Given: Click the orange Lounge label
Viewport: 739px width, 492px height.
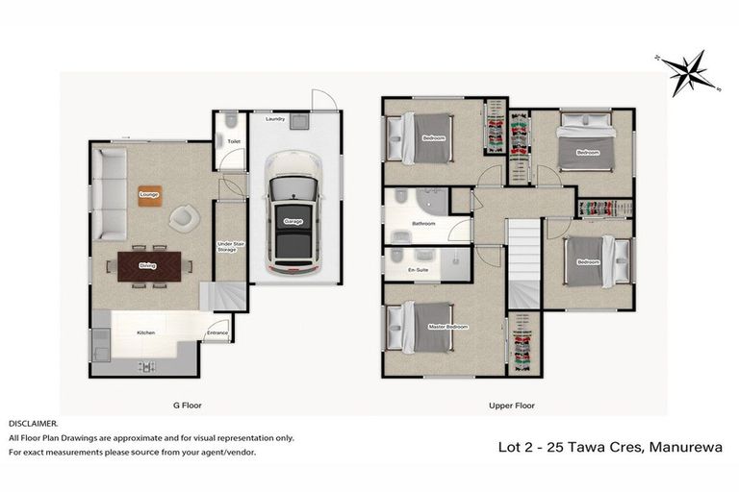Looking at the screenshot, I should pos(148,194).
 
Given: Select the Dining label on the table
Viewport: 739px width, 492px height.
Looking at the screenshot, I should pos(147,265).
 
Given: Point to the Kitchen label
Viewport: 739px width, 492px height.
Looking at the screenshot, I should pos(145,332).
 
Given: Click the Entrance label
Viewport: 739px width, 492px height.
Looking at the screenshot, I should pos(217,333).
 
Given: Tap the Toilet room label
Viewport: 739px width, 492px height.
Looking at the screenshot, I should pos(233,141).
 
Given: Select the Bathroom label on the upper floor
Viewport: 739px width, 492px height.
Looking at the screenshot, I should pos(423,224).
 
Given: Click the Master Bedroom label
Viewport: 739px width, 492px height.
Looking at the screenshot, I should pos(448,328).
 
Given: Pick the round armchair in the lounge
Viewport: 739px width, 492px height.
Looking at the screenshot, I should pos(183,219).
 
